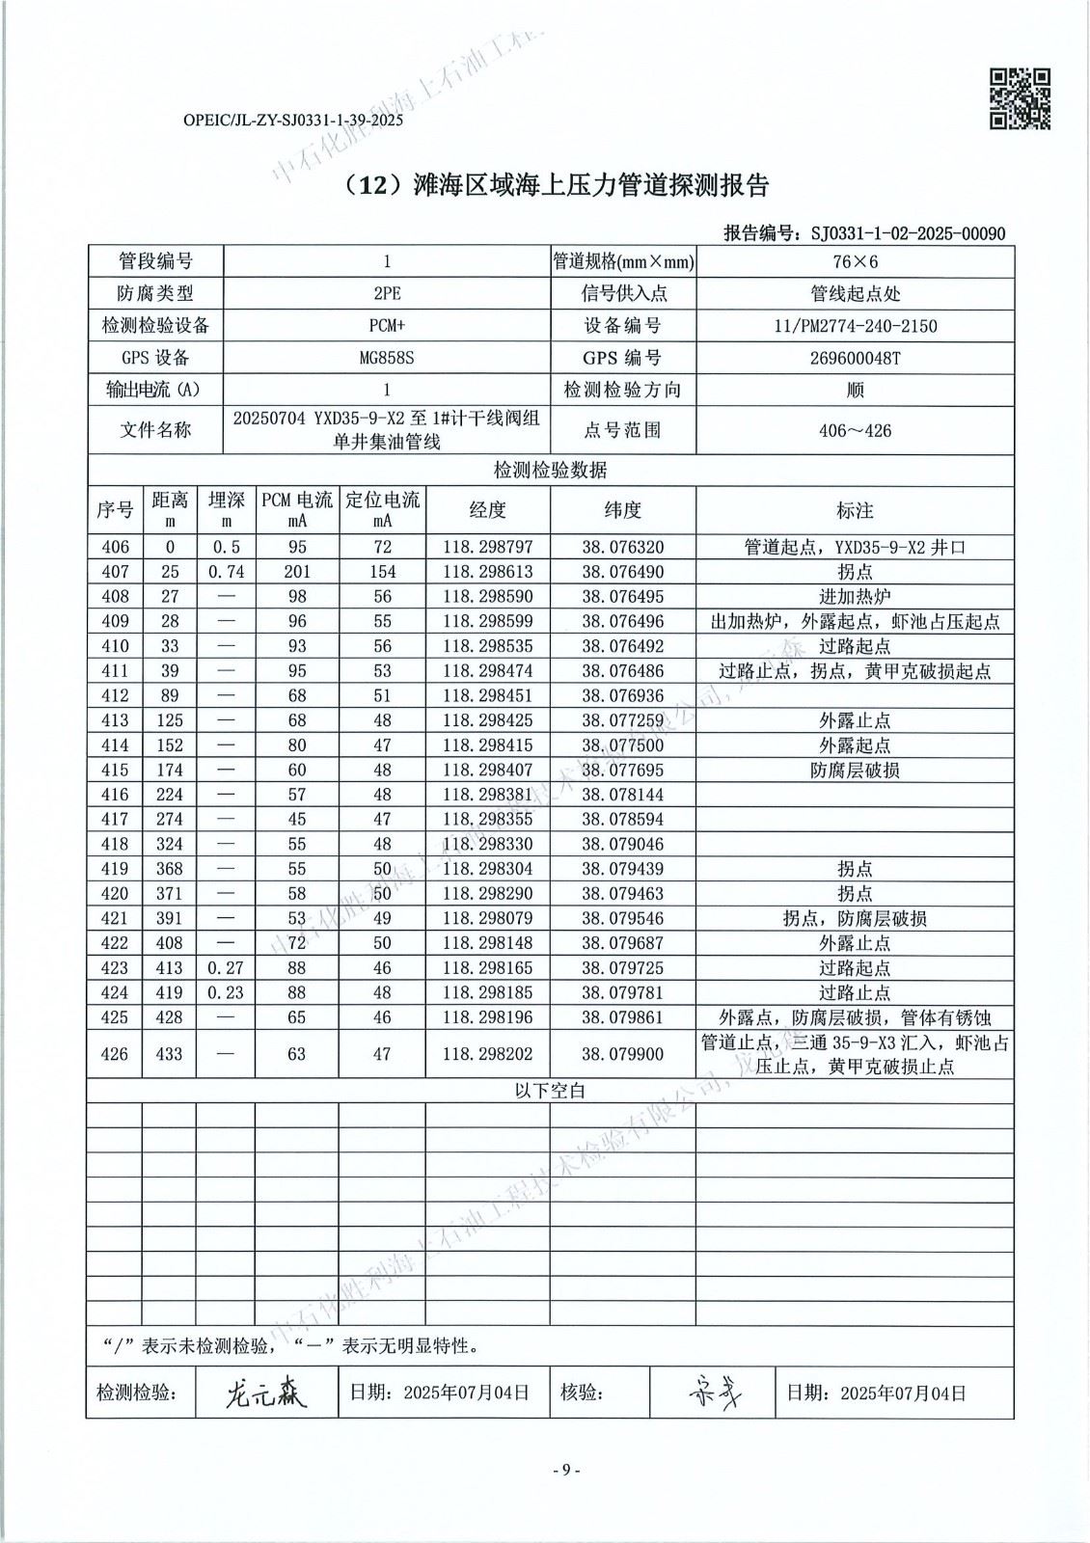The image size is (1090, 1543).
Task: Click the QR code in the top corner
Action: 1021,98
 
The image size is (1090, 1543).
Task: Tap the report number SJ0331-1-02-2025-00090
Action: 908,233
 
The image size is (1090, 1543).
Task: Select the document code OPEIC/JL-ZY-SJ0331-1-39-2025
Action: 292,122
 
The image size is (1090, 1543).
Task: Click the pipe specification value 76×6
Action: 855,262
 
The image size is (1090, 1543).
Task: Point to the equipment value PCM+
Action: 386,326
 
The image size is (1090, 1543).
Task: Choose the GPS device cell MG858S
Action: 386,358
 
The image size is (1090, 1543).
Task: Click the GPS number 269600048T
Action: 855,358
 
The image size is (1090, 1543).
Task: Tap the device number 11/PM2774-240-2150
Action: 855,326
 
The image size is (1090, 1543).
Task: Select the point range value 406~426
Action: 855,430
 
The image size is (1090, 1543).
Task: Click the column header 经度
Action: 488,510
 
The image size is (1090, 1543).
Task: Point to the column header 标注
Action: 855,510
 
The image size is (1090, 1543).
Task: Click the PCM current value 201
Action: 296,572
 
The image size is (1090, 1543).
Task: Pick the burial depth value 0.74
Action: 227,572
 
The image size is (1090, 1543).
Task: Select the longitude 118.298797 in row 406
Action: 488,547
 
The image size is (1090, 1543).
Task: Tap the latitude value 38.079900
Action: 623,1054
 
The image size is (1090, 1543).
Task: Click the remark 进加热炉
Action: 855,597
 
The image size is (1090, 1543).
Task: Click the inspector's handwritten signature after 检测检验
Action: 266,1393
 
